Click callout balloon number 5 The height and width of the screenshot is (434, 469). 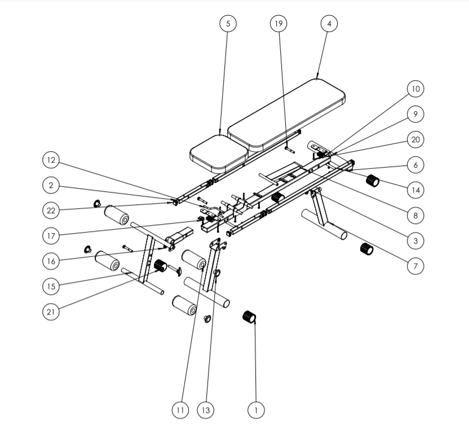click(x=228, y=24)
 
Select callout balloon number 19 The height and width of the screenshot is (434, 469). click(x=278, y=24)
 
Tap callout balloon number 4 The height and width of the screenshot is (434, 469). click(x=329, y=24)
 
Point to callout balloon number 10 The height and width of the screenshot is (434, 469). click(x=415, y=89)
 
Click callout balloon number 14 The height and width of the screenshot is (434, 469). click(x=415, y=190)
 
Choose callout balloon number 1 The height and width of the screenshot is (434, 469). click(x=256, y=410)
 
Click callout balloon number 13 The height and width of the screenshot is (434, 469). click(x=206, y=410)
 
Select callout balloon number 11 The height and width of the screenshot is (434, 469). click(x=180, y=410)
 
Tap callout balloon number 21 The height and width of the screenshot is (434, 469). click(x=51, y=311)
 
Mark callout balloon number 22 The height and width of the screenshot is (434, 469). click(x=51, y=210)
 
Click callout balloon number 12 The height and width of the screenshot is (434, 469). click(x=51, y=160)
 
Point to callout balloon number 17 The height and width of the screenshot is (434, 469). click(x=51, y=235)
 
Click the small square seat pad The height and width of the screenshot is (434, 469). click(x=219, y=153)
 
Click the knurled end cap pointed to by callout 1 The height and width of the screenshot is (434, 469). click(x=249, y=317)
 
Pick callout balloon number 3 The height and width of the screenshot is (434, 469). click(x=415, y=240)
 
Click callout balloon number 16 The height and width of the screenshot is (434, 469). click(x=51, y=261)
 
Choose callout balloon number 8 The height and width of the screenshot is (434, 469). click(x=415, y=216)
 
